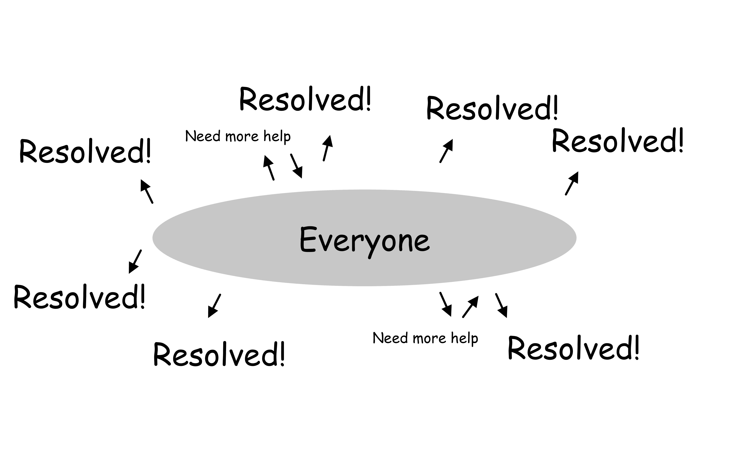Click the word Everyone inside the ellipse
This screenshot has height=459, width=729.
click(x=365, y=241)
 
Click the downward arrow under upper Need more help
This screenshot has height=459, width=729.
click(x=296, y=166)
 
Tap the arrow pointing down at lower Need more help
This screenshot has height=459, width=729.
click(x=446, y=304)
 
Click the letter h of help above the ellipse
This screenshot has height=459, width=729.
click(x=267, y=136)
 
